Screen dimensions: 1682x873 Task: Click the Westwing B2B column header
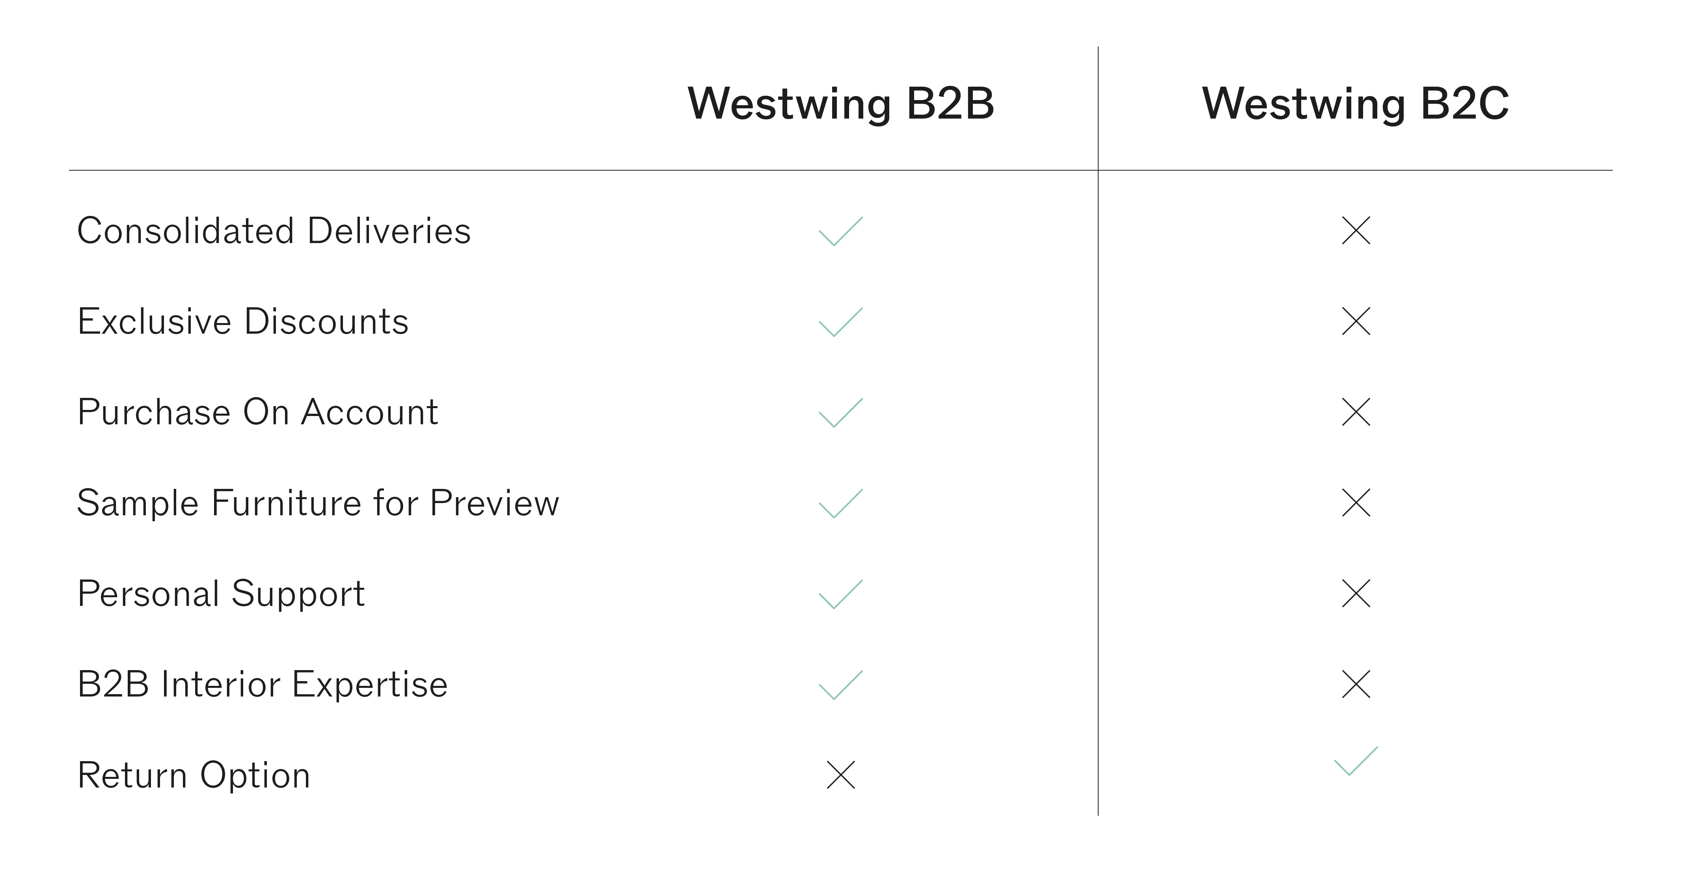pos(841,103)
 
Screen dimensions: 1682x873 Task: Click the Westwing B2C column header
pos(1356,103)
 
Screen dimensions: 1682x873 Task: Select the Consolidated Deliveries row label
pos(274,230)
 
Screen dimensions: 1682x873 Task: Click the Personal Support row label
pos(221,594)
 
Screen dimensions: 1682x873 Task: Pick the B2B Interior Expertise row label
pos(263,684)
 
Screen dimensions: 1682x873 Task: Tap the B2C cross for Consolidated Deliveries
pos(1356,230)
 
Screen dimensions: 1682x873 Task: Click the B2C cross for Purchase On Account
pos(1356,412)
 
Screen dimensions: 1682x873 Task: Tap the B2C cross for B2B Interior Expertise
pos(1356,684)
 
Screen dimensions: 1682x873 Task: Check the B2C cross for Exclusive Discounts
pos(1356,321)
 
